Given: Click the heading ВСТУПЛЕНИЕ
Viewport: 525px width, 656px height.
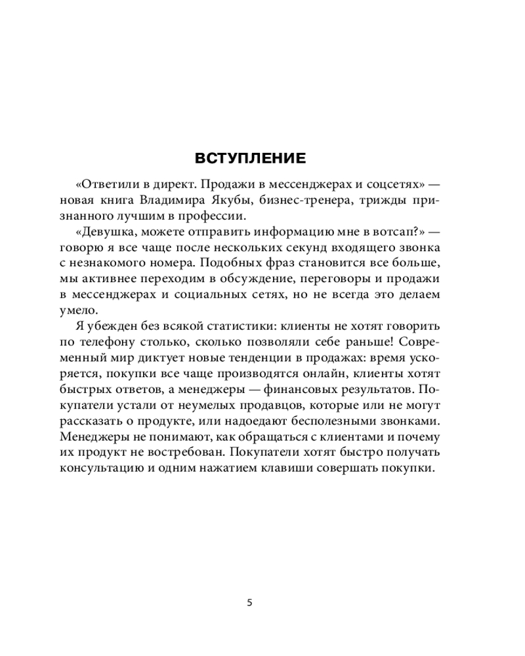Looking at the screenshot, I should pos(250,158).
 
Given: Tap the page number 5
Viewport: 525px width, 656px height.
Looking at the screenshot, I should pos(249,603).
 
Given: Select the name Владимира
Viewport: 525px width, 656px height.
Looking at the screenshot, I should pos(189,200).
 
